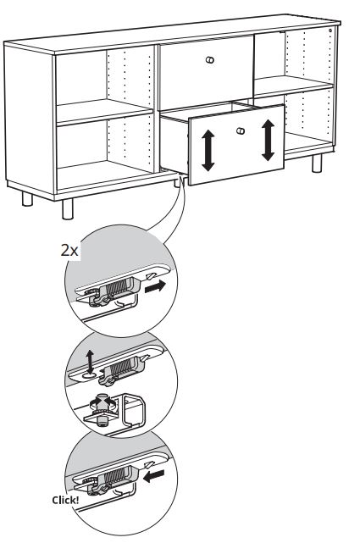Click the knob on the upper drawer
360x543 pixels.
coord(210,59)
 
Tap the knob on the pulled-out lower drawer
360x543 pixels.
coord(241,131)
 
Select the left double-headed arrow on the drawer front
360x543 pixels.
coord(208,150)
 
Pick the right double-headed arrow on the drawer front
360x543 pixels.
coord(268,141)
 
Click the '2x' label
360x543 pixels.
coord(69,250)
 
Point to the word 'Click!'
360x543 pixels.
coord(65,500)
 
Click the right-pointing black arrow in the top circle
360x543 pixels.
coord(155,286)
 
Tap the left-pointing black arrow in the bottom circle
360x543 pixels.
coord(154,476)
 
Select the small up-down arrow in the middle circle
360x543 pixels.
coord(90,361)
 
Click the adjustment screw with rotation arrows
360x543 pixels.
coord(102,408)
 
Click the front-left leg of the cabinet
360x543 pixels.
coord(68,209)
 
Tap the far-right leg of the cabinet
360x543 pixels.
coord(317,163)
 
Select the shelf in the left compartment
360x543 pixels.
coord(104,112)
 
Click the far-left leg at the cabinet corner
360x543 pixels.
coord(27,199)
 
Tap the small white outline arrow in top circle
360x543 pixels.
coord(151,275)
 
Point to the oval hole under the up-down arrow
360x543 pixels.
coord(90,375)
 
